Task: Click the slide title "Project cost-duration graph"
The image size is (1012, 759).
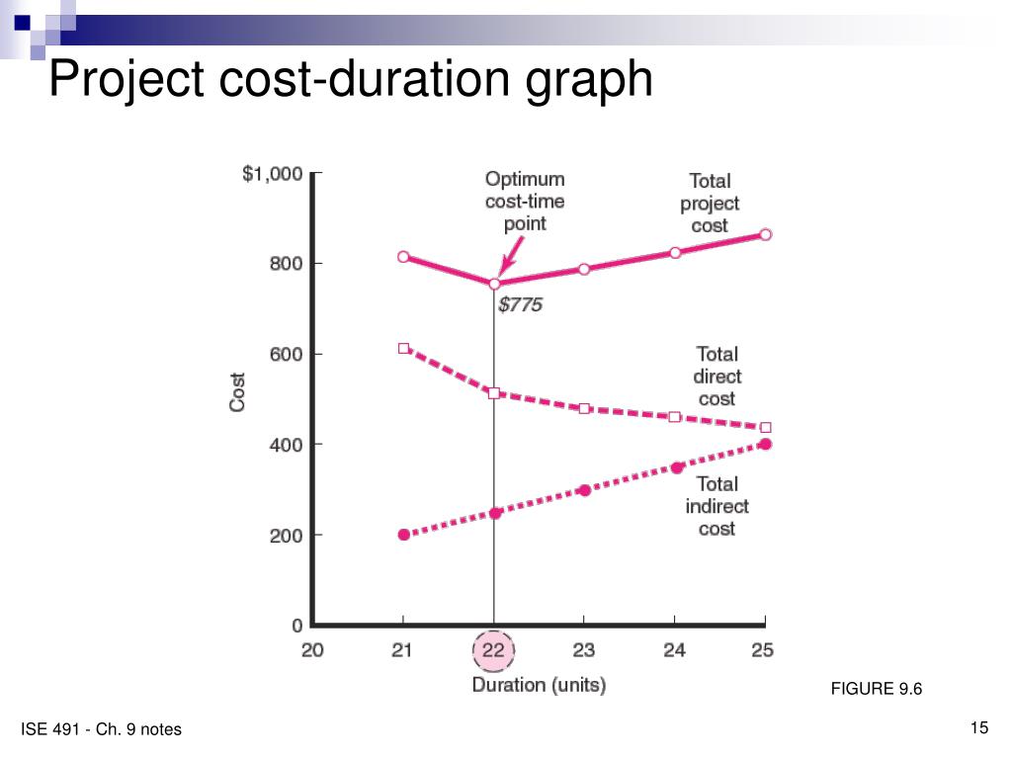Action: tap(351, 80)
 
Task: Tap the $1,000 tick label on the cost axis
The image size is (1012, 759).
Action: tap(272, 174)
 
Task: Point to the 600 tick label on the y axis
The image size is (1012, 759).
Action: tap(284, 354)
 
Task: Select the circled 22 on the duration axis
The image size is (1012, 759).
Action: tap(494, 650)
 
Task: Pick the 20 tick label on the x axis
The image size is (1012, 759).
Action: tap(312, 650)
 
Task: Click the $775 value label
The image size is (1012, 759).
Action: tap(520, 305)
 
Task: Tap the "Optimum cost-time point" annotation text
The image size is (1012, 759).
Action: tap(525, 201)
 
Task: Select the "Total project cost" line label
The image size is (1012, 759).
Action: tap(710, 204)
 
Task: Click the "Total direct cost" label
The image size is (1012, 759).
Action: tap(717, 376)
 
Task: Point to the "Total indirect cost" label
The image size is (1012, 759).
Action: tap(717, 506)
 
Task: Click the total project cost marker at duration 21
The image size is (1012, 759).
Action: tap(403, 257)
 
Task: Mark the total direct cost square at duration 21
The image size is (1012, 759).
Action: tap(403, 349)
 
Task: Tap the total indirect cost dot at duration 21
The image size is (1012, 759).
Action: tap(403, 535)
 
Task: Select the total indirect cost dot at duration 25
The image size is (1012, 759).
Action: tap(765, 444)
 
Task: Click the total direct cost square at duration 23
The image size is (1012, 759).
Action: tap(584, 408)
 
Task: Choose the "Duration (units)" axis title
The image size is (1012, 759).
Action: tap(539, 684)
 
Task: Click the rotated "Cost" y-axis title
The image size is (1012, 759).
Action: tap(238, 391)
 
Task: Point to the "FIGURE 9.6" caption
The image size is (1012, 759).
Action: tap(876, 689)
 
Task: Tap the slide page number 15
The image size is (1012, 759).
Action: tap(979, 728)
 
